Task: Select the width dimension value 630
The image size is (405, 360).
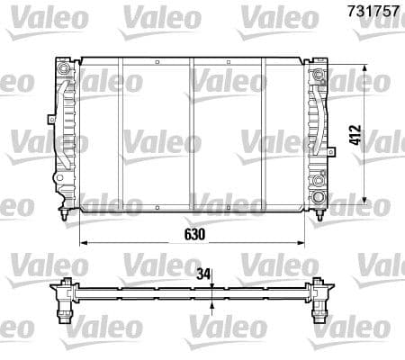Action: click(195, 233)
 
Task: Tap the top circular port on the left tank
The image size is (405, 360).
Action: click(62, 68)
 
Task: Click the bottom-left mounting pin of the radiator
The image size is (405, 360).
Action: click(62, 217)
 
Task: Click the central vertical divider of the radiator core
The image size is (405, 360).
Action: click(191, 135)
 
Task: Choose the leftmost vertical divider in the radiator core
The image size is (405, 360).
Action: click(121, 135)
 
